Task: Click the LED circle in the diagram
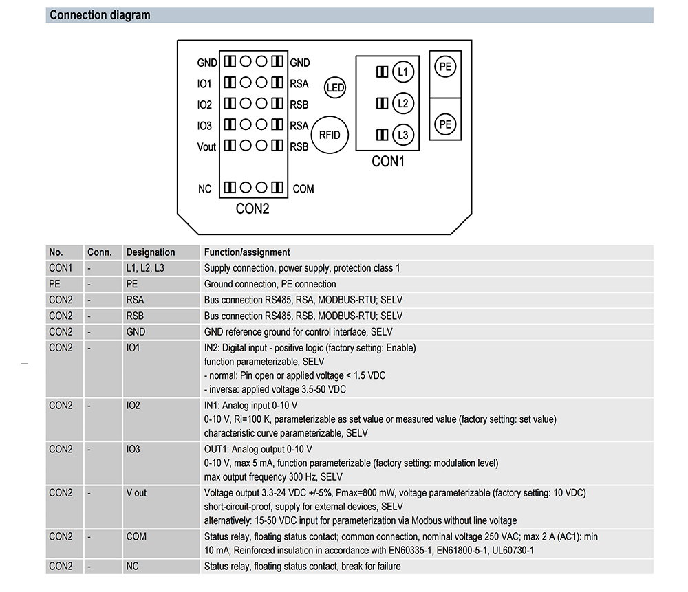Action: click(x=335, y=87)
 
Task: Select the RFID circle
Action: click(x=330, y=135)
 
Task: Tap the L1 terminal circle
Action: click(x=402, y=72)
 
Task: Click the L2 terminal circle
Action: click(x=402, y=103)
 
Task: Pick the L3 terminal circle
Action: click(x=402, y=135)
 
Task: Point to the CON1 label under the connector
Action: click(x=388, y=162)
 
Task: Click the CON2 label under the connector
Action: click(x=252, y=209)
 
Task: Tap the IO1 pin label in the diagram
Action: click(x=204, y=84)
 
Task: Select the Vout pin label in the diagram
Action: click(x=206, y=147)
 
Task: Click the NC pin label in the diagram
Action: click(x=205, y=189)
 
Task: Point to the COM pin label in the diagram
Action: click(x=303, y=189)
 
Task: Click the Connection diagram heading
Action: click(x=100, y=15)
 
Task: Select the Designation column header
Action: click(x=151, y=252)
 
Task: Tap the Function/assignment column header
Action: click(x=247, y=252)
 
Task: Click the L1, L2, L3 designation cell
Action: click(x=145, y=268)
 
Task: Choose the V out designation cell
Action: click(x=136, y=492)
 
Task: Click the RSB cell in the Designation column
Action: click(x=135, y=316)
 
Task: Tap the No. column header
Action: click(x=56, y=252)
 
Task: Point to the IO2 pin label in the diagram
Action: click(x=204, y=105)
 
